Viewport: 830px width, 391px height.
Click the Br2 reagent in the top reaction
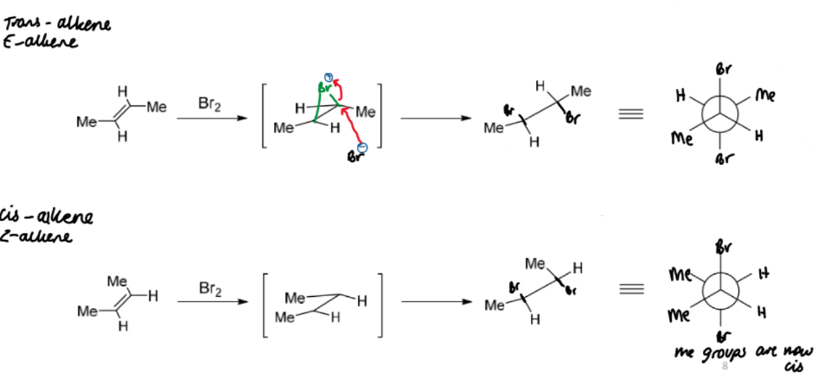click(210, 104)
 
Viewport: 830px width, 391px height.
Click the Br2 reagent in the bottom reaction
click(210, 290)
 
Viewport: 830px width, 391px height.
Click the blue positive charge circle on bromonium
click(329, 76)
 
